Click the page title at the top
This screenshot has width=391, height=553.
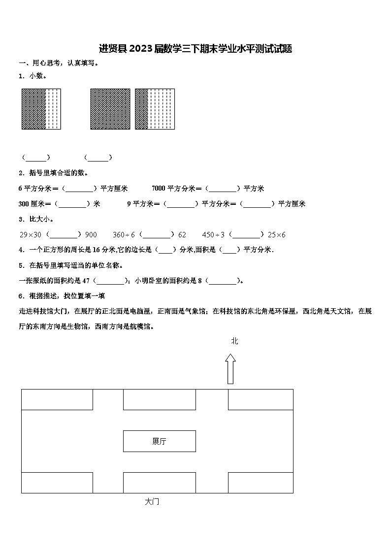(195, 48)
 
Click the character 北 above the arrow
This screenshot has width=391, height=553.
(234, 341)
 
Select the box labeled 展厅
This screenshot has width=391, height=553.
(159, 441)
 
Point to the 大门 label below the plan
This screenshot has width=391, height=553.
(152, 502)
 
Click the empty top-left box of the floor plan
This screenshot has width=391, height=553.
(57, 399)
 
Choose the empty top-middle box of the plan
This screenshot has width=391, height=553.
(159, 399)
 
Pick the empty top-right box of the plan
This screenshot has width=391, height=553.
(260, 399)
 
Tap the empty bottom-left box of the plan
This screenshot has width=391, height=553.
(57, 483)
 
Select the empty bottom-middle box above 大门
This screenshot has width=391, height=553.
(159, 483)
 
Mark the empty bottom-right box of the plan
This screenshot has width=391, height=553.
(260, 483)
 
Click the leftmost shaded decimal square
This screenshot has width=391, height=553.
(41, 109)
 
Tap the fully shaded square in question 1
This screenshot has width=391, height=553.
(110, 109)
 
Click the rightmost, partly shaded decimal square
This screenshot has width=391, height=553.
(155, 109)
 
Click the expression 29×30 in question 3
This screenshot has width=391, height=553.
(31, 234)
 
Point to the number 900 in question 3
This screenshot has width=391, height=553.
(91, 234)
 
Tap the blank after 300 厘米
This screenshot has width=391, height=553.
(72, 203)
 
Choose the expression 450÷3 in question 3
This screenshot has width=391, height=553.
(213, 234)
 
